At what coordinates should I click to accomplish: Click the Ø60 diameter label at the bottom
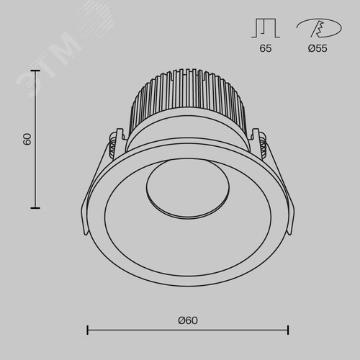(188, 320)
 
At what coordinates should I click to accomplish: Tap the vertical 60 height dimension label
(27, 139)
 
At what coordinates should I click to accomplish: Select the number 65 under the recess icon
(266, 48)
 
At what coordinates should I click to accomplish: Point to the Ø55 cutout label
(318, 48)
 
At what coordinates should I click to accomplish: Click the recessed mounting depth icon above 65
(266, 28)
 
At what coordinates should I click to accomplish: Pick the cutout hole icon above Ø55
(319, 28)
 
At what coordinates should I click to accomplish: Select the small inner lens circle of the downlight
(188, 189)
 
